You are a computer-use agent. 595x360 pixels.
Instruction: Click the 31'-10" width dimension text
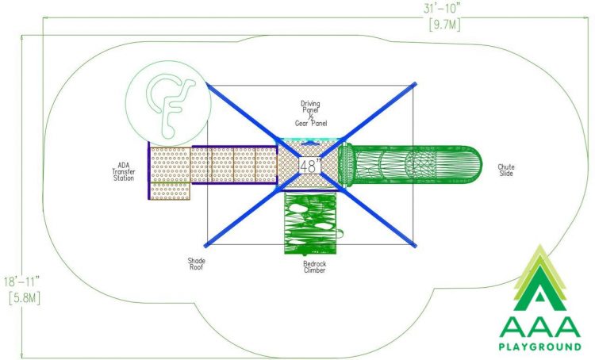pos(443,8)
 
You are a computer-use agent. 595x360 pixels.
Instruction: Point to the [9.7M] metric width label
pos(445,25)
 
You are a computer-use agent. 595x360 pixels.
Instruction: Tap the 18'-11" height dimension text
pos(21,281)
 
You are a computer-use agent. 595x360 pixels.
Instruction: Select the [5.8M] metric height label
pos(25,298)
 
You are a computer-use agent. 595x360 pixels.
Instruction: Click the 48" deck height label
pos(310,166)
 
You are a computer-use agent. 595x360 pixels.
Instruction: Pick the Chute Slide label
pos(506,170)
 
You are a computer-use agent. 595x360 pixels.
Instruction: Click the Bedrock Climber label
pos(315,267)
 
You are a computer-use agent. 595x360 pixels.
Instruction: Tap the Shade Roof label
pos(196,264)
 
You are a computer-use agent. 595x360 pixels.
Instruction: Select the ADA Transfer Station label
pos(123,172)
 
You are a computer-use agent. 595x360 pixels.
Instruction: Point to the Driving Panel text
pos(310,106)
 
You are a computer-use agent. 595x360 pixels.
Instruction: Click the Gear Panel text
pos(311,123)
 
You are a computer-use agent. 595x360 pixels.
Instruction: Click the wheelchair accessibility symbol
pos(168,103)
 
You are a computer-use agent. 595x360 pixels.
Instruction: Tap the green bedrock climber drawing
pos(310,223)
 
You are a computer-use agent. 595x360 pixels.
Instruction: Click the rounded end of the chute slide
pos(474,165)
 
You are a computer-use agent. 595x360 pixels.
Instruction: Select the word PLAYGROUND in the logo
pos(539,347)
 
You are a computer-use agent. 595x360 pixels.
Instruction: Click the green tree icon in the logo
pos(539,278)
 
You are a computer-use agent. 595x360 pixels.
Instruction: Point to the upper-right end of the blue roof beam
pos(415,84)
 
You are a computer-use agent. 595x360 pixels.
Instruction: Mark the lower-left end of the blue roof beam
pos(206,246)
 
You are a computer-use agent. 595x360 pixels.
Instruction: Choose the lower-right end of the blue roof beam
pos(415,246)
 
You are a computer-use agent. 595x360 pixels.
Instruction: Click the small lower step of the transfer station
pos(171,191)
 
